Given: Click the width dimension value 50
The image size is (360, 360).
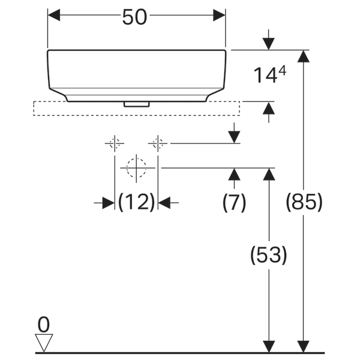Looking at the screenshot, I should click(x=135, y=17).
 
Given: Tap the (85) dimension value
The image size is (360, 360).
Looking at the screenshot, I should click(x=305, y=203).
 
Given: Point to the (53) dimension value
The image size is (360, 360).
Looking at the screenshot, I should click(x=268, y=256).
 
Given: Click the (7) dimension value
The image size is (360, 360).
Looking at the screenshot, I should click(x=234, y=203).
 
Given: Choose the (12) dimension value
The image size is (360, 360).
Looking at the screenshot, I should click(x=136, y=203).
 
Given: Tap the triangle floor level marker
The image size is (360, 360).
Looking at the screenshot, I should click(x=44, y=343).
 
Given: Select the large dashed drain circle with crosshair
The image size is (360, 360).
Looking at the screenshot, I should click(x=137, y=168).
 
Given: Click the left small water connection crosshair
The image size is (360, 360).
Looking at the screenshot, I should click(x=114, y=143).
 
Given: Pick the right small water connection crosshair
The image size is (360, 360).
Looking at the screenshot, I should click(x=158, y=143).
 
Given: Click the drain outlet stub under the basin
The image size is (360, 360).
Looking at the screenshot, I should click(x=136, y=103).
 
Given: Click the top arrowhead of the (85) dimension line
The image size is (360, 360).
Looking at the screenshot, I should click(x=305, y=56).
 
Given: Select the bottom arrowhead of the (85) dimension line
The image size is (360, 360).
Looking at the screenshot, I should click(x=305, y=346).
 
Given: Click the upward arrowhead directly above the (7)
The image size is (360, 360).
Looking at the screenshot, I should click(x=234, y=175).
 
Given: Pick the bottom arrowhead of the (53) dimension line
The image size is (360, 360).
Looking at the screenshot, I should click(x=268, y=346).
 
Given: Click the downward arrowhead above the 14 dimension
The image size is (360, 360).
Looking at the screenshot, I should click(x=268, y=44).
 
